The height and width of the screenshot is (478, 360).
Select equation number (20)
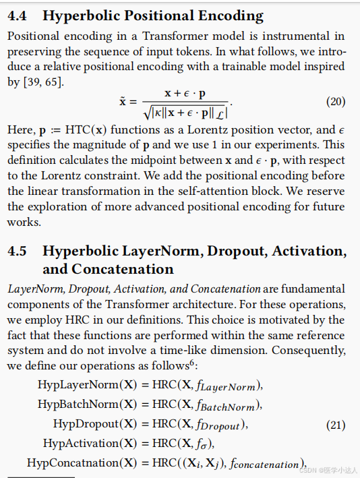point(336,102)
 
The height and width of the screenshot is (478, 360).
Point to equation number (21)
point(336,425)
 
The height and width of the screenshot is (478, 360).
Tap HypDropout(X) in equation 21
point(88,424)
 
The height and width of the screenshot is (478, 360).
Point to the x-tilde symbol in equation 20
point(123,101)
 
